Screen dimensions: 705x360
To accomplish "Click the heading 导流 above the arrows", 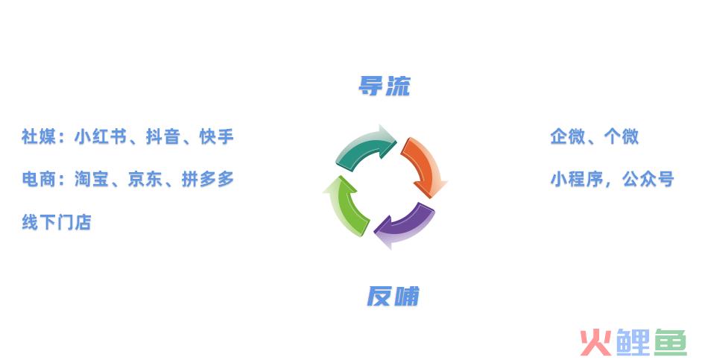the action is tap(385, 86).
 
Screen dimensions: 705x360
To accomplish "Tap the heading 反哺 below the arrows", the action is tap(393, 296).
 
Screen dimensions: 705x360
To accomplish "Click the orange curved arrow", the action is tap(425, 166).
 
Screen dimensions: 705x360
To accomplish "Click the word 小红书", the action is tap(101, 136).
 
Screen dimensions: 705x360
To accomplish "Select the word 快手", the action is tap(217, 136).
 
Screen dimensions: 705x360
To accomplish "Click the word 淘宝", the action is tap(92, 180).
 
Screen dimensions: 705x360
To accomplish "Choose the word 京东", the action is tap(145, 180).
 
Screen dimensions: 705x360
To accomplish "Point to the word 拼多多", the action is tap(208, 180).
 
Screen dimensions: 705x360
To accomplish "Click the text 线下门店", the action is tap(57, 222).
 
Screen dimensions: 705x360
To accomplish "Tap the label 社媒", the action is tap(39, 136).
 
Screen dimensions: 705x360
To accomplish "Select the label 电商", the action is tap(39, 180).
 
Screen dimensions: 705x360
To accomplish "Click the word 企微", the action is tap(568, 136).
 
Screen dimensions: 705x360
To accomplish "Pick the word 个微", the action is tap(622, 136).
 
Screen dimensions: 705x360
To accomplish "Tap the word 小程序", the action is tap(577, 180).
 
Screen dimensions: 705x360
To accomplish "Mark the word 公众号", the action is tap(648, 180).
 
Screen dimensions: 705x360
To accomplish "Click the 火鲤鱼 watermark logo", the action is tap(633, 342).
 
